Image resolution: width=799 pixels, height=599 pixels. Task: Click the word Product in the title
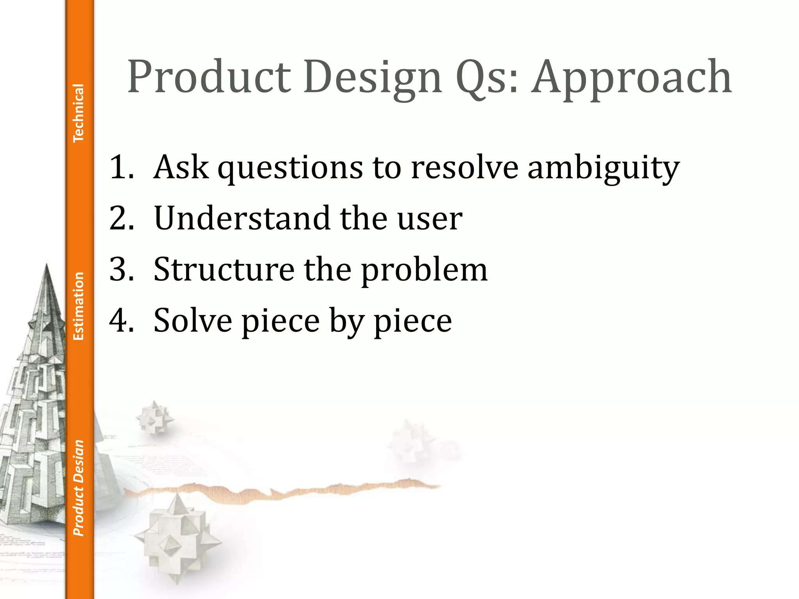coord(209,77)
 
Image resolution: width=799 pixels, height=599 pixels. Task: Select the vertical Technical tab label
coord(78,113)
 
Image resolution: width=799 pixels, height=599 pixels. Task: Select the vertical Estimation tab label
coord(78,306)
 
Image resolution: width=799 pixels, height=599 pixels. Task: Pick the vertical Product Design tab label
coord(78,487)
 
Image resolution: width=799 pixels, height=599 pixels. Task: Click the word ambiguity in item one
coord(603,167)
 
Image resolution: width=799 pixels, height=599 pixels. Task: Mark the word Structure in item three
coord(224,269)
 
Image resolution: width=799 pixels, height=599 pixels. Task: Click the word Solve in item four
coord(193,321)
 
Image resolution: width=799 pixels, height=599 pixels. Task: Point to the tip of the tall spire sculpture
coord(47,265)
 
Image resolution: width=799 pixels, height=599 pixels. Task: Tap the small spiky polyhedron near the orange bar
coord(155,417)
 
